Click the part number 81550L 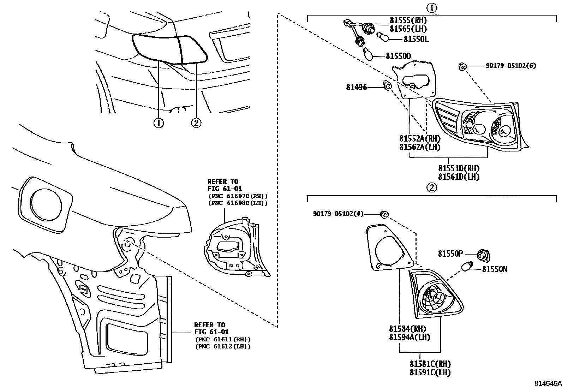[x=416, y=39]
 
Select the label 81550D [x=398, y=56]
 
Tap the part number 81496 [x=356, y=87]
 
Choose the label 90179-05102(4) [x=338, y=214]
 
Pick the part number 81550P [x=450, y=253]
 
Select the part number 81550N [x=494, y=269]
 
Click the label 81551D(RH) [x=459, y=169]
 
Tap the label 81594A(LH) [x=409, y=337]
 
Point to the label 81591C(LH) [x=430, y=372]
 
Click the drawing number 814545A [x=547, y=383]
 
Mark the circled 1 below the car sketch [x=159, y=123]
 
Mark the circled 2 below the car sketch [x=196, y=123]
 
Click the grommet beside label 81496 [x=387, y=85]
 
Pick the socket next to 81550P [x=482, y=255]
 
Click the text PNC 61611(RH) [x=223, y=339]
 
